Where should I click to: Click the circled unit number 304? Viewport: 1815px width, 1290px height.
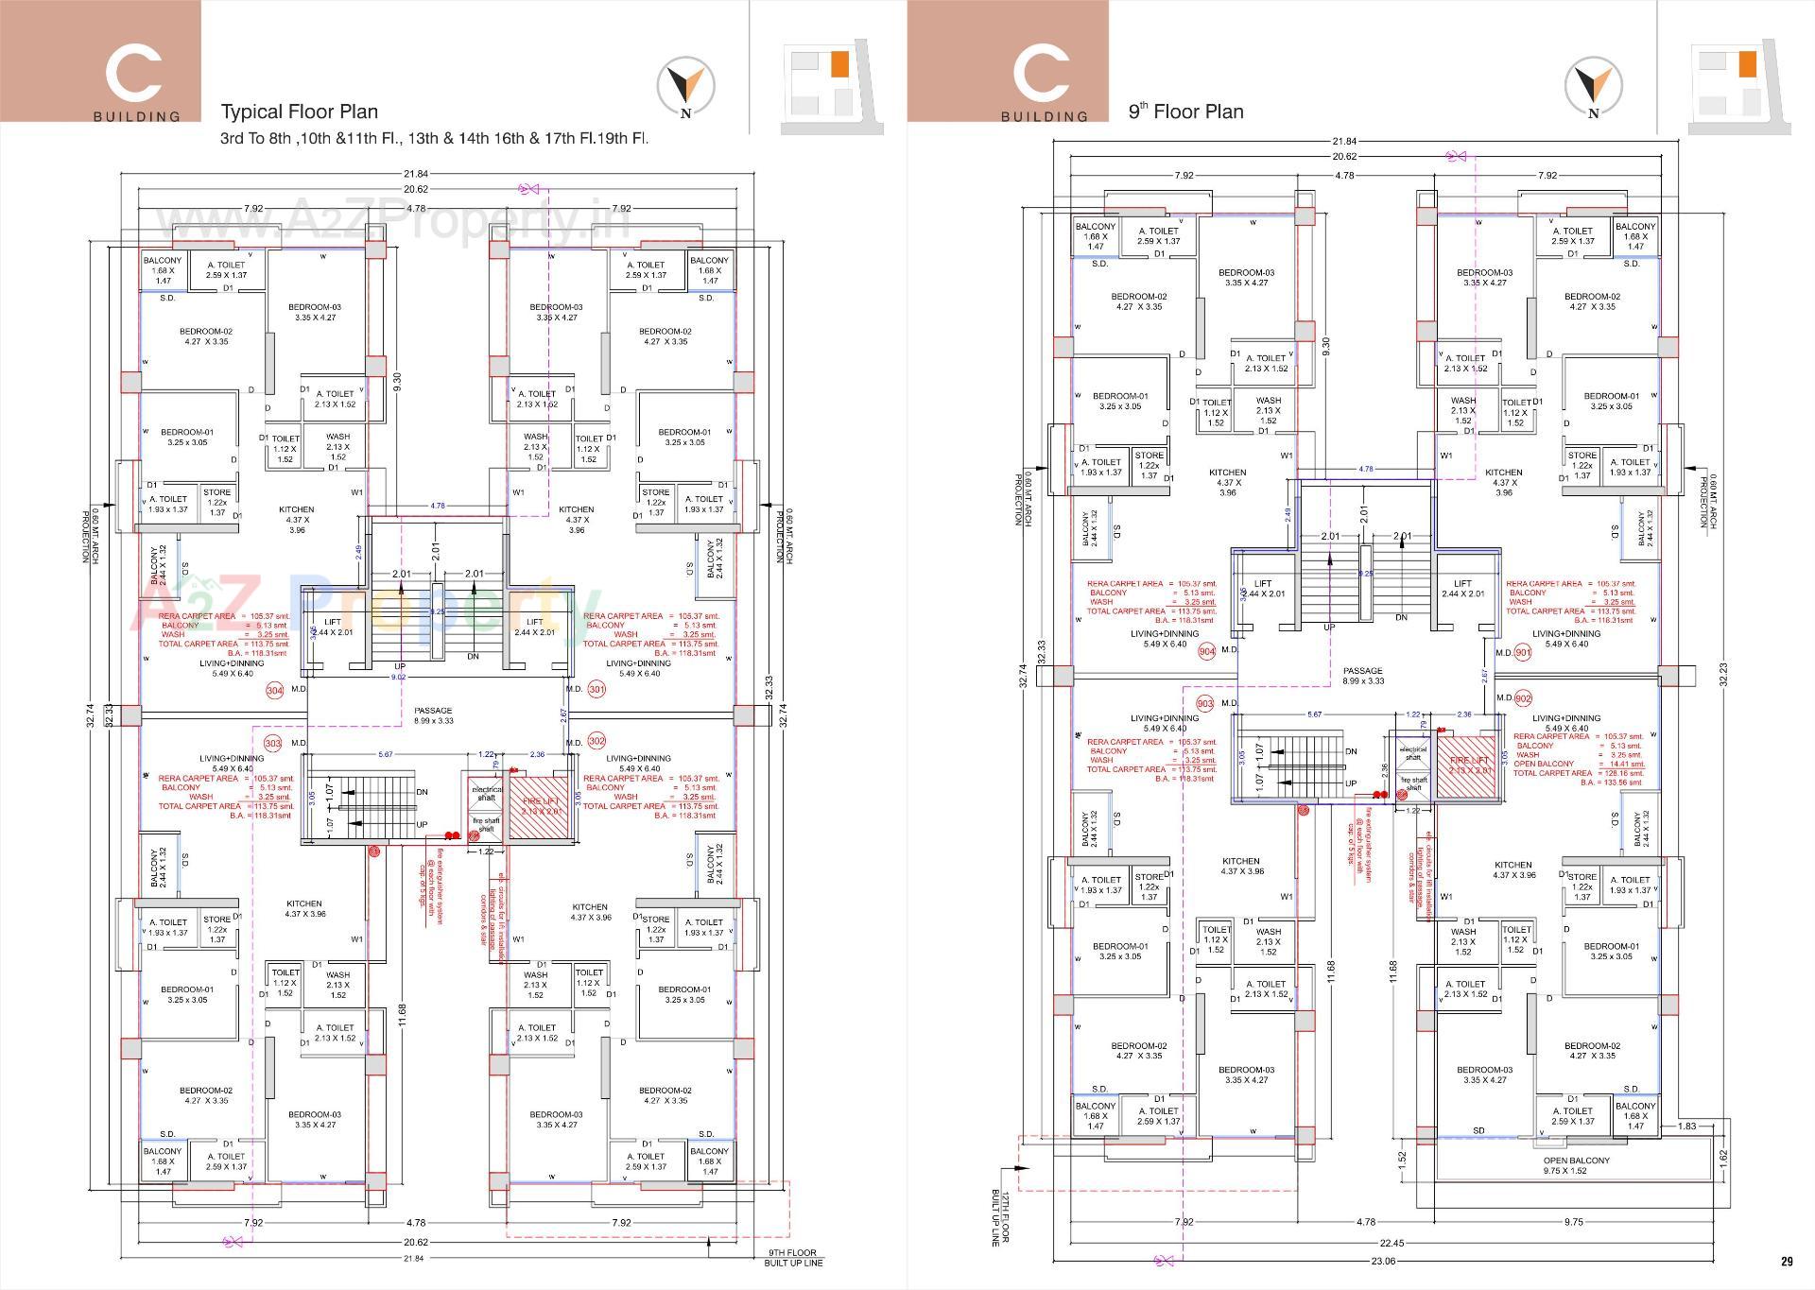(x=274, y=691)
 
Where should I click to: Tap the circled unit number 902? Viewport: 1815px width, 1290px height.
(x=1523, y=698)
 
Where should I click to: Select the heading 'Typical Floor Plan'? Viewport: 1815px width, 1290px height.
(x=299, y=112)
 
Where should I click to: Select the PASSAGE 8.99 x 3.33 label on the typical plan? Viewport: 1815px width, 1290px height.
(x=433, y=715)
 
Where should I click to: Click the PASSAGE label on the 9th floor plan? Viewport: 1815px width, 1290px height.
(x=1362, y=676)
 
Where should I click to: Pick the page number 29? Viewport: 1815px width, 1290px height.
(x=1786, y=1261)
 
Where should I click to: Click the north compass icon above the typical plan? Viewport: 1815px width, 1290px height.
(x=685, y=87)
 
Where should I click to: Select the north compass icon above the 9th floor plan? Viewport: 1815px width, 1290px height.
(x=1594, y=87)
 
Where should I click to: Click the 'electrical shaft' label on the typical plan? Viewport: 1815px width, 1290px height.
(x=486, y=793)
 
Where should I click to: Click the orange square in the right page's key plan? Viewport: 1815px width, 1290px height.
(x=1746, y=64)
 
